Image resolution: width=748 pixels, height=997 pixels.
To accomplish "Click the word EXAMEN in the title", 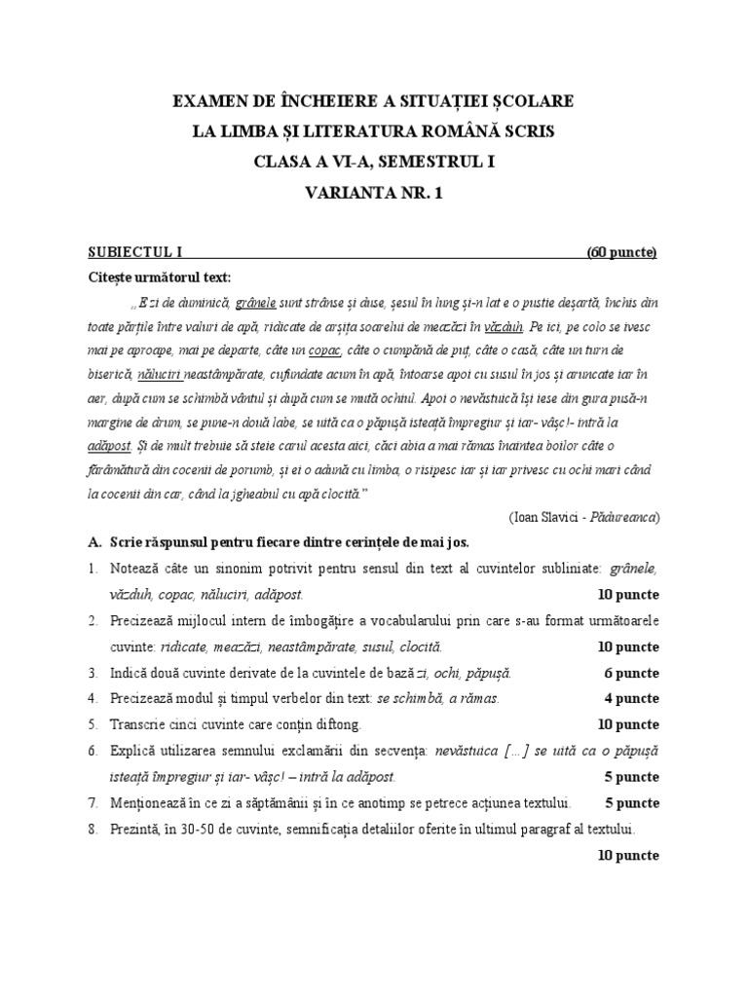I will [209, 101].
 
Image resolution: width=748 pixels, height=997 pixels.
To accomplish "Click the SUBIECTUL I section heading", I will [128, 253].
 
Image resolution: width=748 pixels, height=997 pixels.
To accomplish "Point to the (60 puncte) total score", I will [621, 253].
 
